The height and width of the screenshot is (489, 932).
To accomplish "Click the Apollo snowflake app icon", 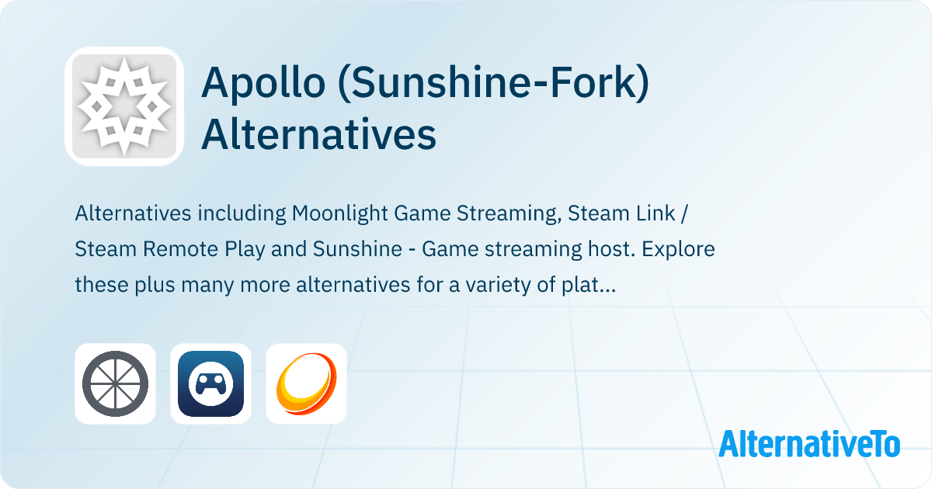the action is pos(124,106).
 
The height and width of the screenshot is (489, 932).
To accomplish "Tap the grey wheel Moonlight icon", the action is pos(115,383).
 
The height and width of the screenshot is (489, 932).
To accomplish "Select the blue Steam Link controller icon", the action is pos(210,383).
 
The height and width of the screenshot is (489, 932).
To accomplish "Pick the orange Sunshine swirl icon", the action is pos(306,383).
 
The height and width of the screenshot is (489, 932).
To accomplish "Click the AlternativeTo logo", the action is pos(809,444).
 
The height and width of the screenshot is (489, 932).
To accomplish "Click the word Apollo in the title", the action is pos(263,82).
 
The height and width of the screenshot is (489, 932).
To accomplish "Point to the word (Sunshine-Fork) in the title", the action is pos(493,82).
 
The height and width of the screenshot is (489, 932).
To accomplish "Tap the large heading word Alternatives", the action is pos(318,134).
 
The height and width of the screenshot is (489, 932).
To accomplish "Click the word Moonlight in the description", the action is pos(339,213).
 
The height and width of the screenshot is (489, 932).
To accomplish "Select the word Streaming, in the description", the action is pos(509,213).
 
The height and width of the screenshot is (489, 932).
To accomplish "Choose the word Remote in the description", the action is pos(180,249).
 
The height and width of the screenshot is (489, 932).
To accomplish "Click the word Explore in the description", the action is pos(678,249).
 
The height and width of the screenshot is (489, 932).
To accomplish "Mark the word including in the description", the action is pos(242,213).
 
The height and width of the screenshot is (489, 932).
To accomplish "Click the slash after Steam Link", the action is pos(684,213).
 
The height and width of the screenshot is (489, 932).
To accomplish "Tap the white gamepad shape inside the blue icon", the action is pos(210,383).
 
